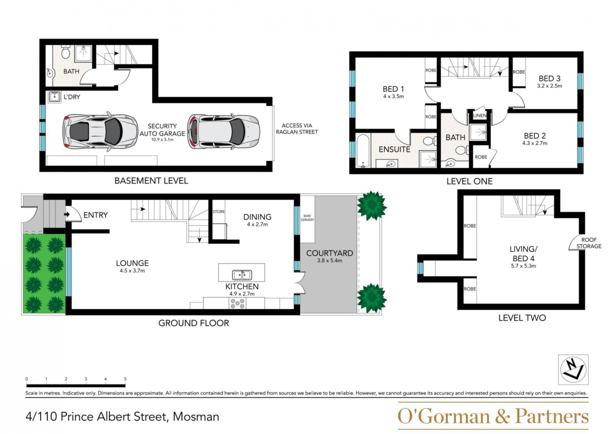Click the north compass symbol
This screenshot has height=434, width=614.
pyautogui.click(x=573, y=369)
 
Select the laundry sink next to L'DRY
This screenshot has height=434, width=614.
pyautogui.click(x=54, y=97)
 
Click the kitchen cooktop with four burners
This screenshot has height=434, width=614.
pyautogui.click(x=238, y=303)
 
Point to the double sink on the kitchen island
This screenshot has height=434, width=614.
pyautogui.click(x=242, y=275)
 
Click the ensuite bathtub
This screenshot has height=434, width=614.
pyautogui.click(x=363, y=151)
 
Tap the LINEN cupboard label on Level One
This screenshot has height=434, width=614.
pyautogui.click(x=480, y=115)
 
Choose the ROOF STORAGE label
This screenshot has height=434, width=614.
pyautogui.click(x=589, y=243)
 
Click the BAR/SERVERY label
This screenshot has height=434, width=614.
pyautogui.click(x=307, y=218)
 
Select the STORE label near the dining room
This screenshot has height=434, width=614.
pyautogui.click(x=219, y=212)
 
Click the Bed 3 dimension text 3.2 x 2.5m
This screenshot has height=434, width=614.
pyautogui.click(x=549, y=86)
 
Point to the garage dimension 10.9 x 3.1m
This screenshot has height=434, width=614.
pyautogui.click(x=162, y=139)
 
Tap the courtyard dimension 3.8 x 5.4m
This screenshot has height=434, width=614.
pyautogui.click(x=330, y=260)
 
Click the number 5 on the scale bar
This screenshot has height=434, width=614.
pyautogui.click(x=125, y=379)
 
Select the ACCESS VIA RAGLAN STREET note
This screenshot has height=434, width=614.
pyautogui.click(x=297, y=129)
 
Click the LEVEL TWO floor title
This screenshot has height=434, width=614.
pyautogui.click(x=522, y=318)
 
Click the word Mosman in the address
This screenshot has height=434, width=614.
pyautogui.click(x=196, y=417)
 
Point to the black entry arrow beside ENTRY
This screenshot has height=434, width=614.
pyautogui.click(x=67, y=214)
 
